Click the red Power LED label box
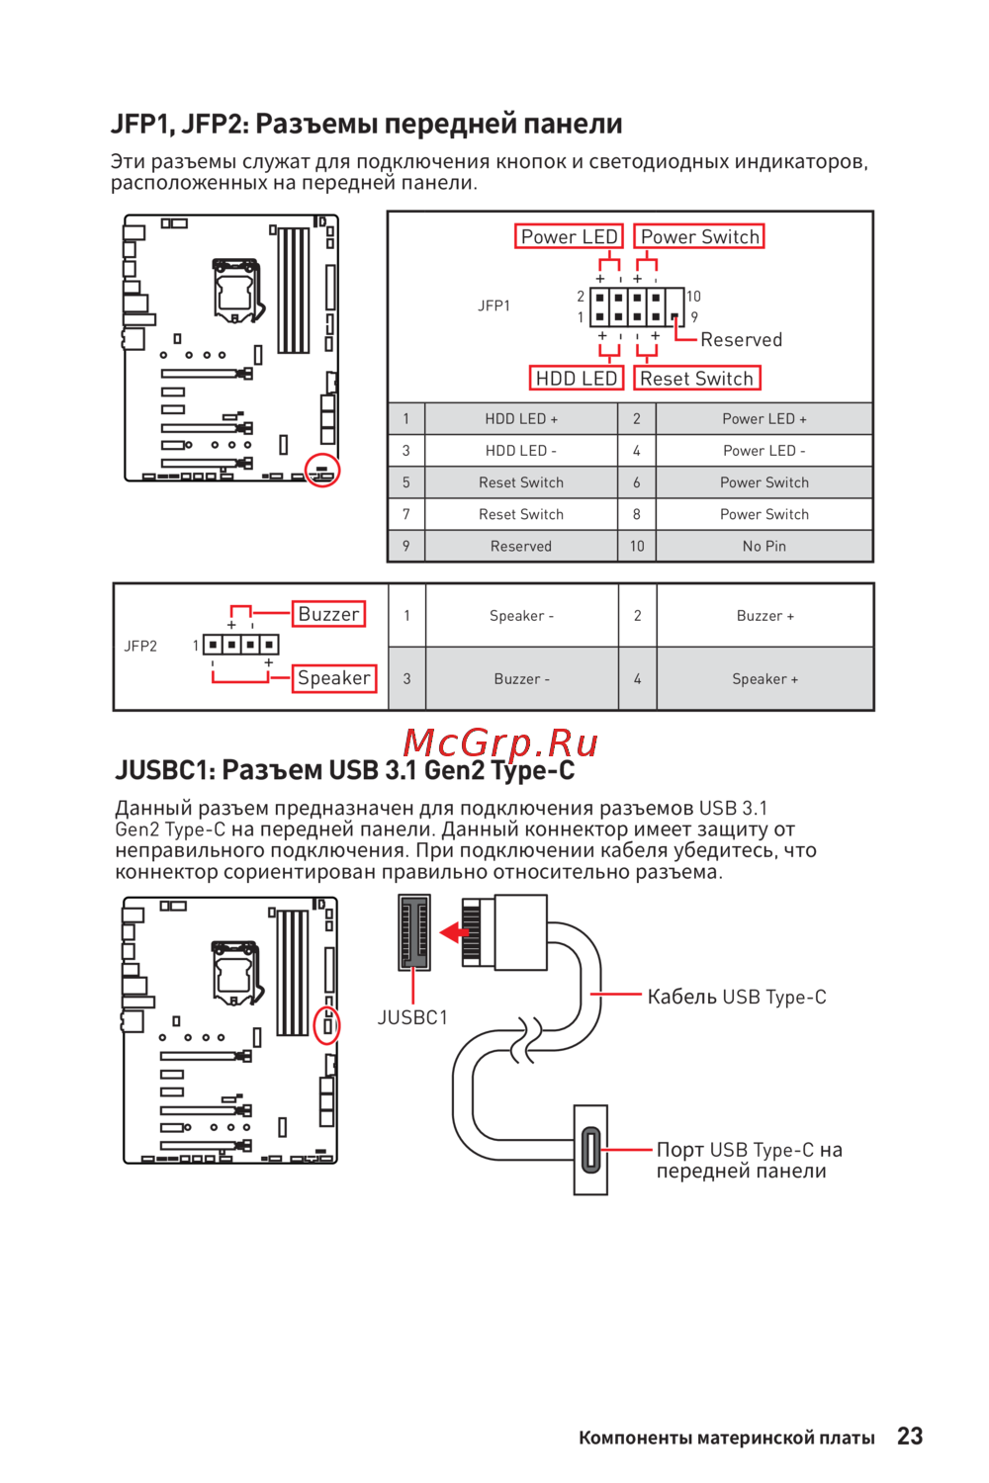(569, 237)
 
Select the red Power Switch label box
(699, 237)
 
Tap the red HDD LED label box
(576, 379)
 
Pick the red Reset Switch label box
(696, 379)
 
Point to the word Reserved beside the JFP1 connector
(741, 340)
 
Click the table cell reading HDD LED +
(521, 419)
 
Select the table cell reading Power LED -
(764, 451)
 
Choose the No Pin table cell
(764, 546)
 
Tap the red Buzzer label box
(328, 614)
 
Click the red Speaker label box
(334, 678)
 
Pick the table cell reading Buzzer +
(764, 616)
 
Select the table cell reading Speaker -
(521, 616)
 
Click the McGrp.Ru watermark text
(500, 742)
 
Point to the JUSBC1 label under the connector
(412, 1017)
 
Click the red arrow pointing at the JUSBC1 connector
(454, 932)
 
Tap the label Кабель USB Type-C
(736, 997)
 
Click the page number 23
(910, 1437)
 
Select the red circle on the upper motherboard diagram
(321, 471)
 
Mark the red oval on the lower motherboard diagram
(326, 1025)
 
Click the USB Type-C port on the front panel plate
(590, 1150)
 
